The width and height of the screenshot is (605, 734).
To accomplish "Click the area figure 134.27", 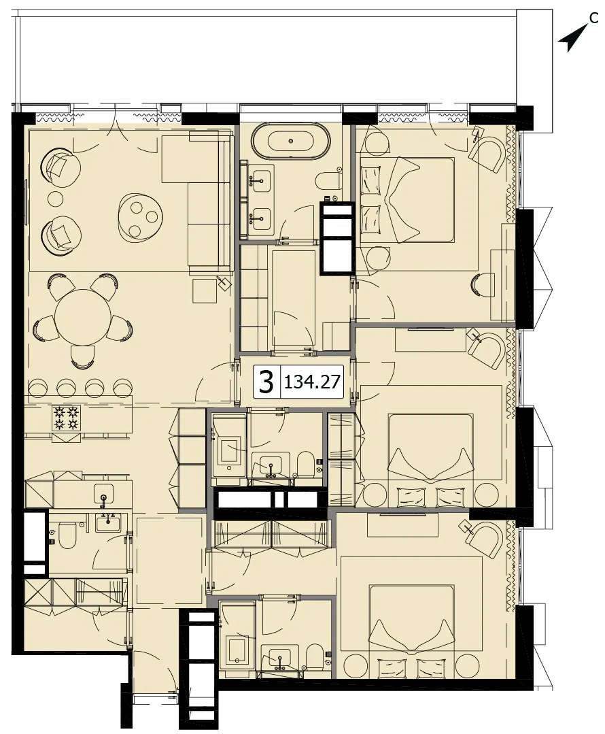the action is pos(311,382).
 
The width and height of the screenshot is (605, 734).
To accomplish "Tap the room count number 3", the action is pos(266,382).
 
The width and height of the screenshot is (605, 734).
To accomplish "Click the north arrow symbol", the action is pos(572,39).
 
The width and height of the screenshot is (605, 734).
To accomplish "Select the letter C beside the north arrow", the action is pos(593,18).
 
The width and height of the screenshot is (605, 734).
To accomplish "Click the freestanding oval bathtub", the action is pos(290,140).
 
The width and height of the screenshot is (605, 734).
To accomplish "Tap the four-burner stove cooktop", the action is pos(65,418).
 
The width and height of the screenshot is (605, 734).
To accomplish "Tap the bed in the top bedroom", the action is pos(407,200).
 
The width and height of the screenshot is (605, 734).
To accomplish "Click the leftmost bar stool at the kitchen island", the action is pos(38,387).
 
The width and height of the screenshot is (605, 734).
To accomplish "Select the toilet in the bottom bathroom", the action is pos(316,660).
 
